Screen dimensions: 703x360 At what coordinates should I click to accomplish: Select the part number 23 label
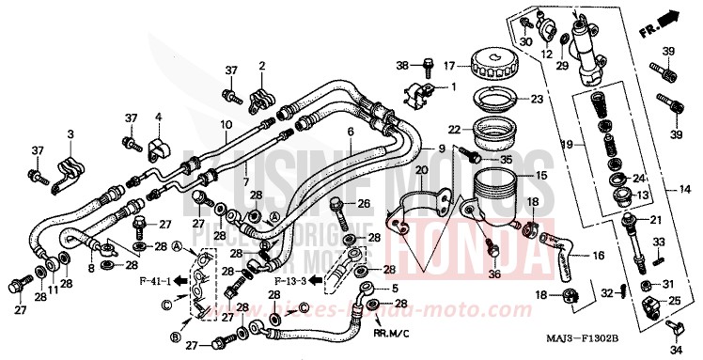[x=537, y=99]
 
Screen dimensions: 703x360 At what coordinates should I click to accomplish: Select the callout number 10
[x=225, y=124]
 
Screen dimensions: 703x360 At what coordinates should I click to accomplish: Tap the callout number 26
[x=364, y=202]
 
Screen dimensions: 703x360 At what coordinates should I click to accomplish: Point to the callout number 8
[x=92, y=268]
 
